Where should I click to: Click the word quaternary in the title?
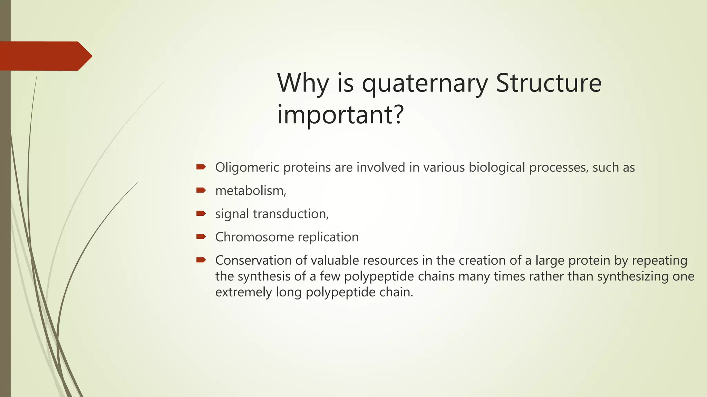pos(425,83)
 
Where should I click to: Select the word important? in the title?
pos(340,114)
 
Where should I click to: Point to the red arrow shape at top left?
pos(45,56)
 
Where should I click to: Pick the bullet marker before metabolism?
pos(201,190)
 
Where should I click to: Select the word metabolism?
pos(250,191)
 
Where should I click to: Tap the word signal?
pos(232,214)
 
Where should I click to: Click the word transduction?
pos(291,214)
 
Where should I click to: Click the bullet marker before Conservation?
pos(201,260)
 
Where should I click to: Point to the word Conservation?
pos(253,260)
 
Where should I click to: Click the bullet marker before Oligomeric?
pos(201,167)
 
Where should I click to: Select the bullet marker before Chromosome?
pos(201,237)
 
